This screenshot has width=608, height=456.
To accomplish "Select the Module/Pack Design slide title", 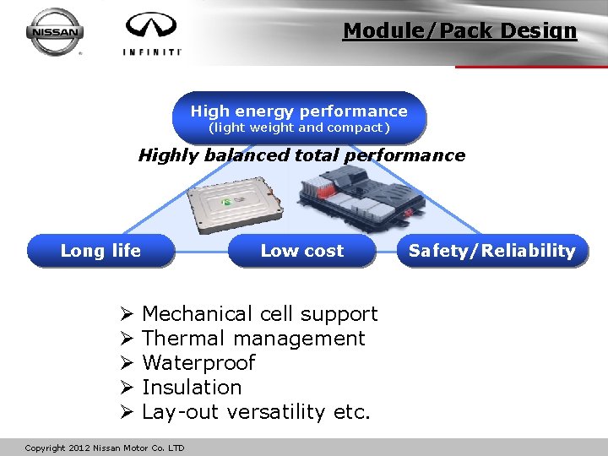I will click(459, 31).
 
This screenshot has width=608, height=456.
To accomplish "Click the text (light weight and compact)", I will click(299, 128).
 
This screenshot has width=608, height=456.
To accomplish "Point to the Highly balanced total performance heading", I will click(301, 155).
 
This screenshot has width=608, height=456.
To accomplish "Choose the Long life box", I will click(100, 251).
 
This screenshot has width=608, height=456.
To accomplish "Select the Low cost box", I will click(301, 251).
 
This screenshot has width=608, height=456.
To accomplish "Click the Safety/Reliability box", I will click(491, 251).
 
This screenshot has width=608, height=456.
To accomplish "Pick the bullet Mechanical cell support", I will click(259, 314).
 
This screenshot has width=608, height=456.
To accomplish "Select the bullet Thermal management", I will click(253, 339).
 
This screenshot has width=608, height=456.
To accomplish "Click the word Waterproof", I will click(198, 363).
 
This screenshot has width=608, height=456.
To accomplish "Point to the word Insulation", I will click(192, 388).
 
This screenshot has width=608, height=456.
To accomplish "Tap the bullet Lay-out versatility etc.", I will click(256, 412).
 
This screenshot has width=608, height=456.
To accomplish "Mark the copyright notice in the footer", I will click(105, 448).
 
